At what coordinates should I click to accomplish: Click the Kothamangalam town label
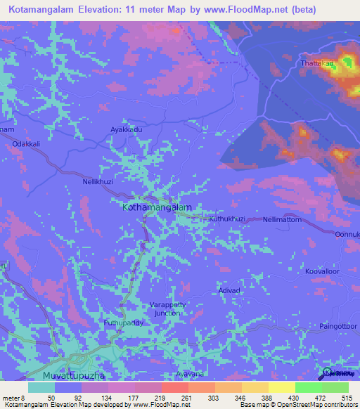click(157, 208)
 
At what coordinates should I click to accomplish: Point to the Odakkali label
click(27, 143)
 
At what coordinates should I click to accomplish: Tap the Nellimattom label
click(282, 219)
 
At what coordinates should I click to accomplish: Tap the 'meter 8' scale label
click(13, 398)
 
